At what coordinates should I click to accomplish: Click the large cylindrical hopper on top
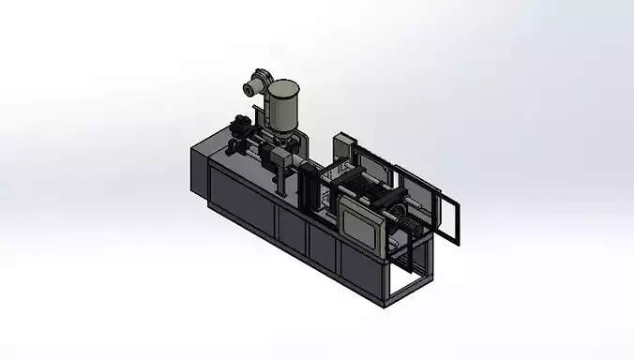[284, 103]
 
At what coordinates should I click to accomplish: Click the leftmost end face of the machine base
[198, 169]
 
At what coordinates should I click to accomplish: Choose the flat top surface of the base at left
[225, 154]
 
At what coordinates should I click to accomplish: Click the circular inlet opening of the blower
[249, 88]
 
